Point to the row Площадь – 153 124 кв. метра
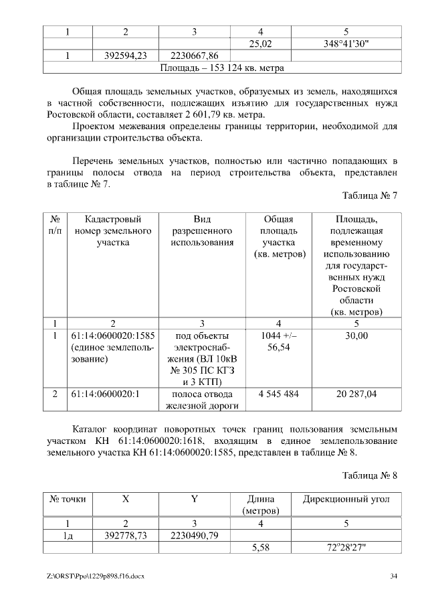[x=222, y=68]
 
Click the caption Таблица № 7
[x=370, y=196]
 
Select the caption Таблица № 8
[x=370, y=476]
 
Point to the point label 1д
[x=68, y=535]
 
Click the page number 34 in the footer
[x=394, y=576]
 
